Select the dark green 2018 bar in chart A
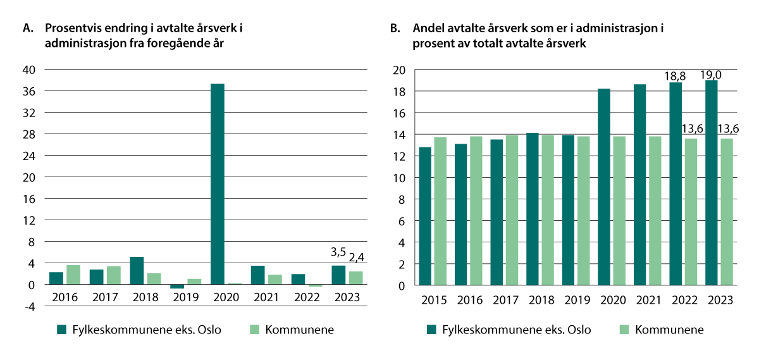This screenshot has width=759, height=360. [x=137, y=271]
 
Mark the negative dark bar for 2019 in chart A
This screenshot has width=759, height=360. [x=177, y=287]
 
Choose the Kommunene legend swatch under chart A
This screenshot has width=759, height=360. [x=256, y=329]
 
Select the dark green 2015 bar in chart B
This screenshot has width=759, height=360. [x=424, y=216]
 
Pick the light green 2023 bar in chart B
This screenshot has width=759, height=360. [x=725, y=211]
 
